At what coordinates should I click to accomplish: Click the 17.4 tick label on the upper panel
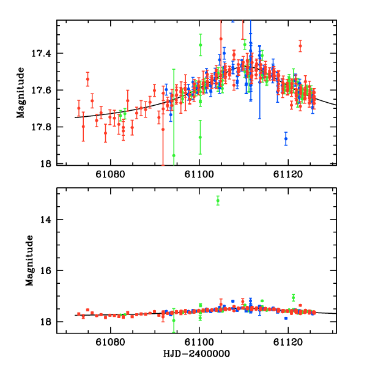tap(43, 54)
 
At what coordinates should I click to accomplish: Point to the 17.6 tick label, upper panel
tap(43, 91)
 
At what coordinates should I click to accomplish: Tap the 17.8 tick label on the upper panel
tap(43, 127)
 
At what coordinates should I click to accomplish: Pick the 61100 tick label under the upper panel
tap(200, 176)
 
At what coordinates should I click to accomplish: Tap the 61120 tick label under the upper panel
tap(289, 176)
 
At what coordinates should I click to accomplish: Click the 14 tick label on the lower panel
tap(48, 219)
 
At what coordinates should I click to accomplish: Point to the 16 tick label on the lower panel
tap(48, 270)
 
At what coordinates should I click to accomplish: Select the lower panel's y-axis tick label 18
tap(48, 322)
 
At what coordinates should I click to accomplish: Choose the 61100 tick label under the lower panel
tap(200, 344)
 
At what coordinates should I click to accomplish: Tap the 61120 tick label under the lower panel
tap(289, 344)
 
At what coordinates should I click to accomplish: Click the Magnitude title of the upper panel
tap(21, 92)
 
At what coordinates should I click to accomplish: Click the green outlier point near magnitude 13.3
tap(218, 200)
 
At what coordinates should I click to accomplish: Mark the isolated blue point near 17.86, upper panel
tap(286, 139)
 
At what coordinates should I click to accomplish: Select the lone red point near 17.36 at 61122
tap(300, 46)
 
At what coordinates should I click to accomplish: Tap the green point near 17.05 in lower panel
tap(294, 298)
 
